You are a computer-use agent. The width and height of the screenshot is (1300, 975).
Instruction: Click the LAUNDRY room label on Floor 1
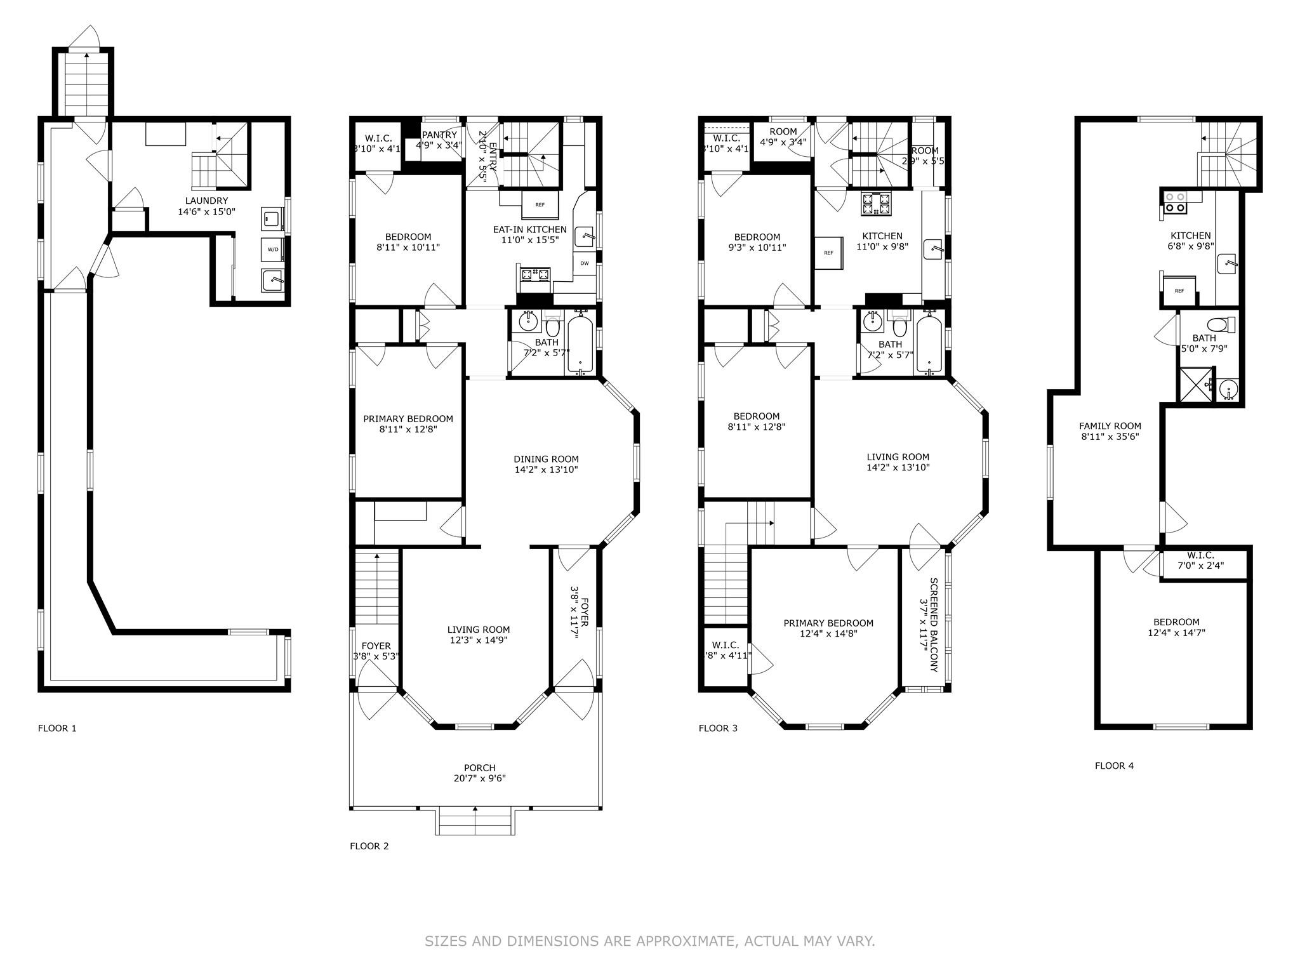206,201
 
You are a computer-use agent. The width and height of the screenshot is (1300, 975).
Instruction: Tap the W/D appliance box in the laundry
272,249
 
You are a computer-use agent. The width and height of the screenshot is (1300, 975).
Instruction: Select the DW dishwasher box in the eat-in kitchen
584,263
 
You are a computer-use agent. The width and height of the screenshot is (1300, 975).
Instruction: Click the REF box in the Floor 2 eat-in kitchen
540,205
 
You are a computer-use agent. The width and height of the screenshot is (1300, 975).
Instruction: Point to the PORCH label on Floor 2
479,767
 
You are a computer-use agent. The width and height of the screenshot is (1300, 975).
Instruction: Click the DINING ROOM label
546,459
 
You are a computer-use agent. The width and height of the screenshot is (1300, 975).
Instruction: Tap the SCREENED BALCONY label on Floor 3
934,625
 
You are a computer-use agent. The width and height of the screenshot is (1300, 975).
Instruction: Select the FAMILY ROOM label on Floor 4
1110,426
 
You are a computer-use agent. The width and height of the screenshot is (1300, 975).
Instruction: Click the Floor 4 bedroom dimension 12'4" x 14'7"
1176,632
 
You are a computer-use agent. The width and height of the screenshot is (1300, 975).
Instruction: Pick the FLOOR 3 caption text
718,728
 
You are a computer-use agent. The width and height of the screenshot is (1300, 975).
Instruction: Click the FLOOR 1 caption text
57,728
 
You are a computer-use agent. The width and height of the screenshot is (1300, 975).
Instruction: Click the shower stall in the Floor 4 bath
1195,385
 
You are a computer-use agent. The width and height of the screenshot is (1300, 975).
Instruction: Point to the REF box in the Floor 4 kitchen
1179,291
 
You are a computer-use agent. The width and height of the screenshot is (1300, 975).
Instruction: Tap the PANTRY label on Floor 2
439,135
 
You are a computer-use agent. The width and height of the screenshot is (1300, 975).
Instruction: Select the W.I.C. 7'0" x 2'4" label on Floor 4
1200,560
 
